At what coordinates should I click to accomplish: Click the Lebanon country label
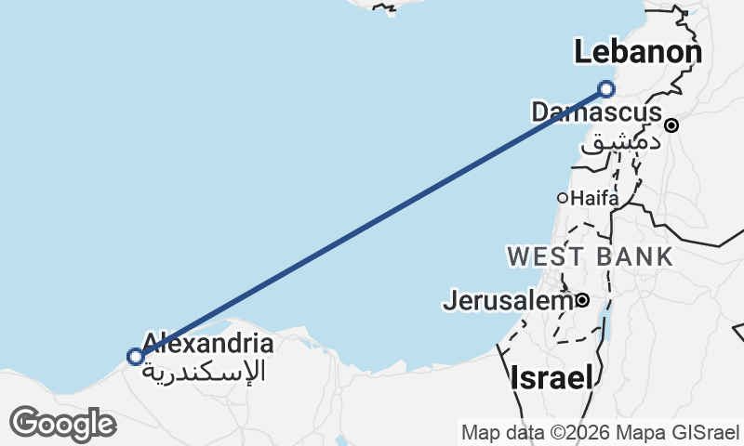637,52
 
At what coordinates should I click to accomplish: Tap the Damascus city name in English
596,112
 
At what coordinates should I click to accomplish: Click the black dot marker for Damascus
671,125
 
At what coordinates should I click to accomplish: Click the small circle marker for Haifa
563,198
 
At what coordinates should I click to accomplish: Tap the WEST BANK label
590,256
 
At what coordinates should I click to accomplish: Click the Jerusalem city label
508,301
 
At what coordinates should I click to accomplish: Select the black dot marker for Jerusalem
582,300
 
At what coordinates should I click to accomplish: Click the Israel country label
551,377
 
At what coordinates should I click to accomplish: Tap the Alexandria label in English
208,343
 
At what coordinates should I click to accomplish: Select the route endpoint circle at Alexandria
136,356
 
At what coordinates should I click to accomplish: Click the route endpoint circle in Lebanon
606,89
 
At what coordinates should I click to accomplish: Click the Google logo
62,424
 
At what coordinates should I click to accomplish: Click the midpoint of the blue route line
371,223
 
